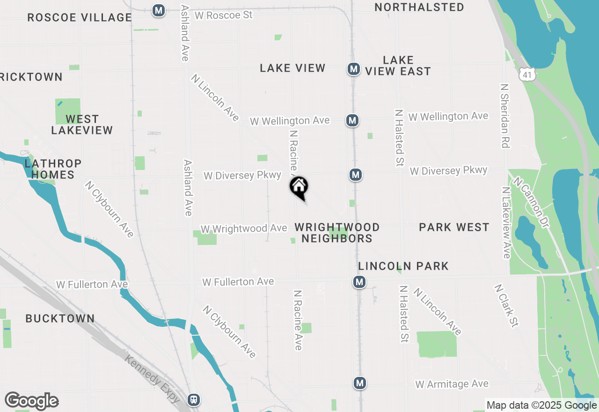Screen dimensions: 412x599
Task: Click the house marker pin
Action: pos(299,187)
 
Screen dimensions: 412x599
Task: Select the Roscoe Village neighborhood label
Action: pos(80,18)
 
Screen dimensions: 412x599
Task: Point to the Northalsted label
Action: pos(419,7)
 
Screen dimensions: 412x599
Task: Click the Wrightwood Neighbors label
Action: pos(337,233)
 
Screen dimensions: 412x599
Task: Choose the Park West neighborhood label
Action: pos(454,228)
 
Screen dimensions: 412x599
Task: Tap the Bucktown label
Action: pos(60,319)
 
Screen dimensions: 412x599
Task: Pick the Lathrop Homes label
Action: pos(53,169)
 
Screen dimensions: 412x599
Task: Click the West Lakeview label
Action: pos(82,125)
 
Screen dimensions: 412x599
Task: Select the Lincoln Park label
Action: pos(403,266)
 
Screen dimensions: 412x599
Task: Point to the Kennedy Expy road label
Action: pos(153,378)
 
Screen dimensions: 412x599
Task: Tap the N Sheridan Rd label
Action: pos(504,116)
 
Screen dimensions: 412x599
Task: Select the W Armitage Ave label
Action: pos(452,384)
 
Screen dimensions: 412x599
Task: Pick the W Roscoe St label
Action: pos(223,15)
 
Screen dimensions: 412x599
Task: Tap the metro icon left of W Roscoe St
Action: pos(159,10)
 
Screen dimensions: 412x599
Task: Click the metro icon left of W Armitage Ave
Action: pos(359,383)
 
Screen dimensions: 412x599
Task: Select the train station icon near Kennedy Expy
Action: pos(193,400)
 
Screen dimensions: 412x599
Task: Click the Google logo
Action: pos(32,401)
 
